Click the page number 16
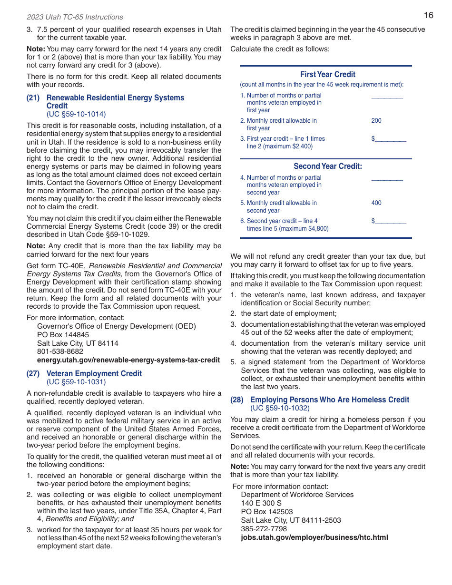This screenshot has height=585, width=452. (x=428, y=15)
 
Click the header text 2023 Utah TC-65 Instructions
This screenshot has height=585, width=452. (x=75, y=17)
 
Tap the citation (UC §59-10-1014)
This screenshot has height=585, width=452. (x=76, y=114)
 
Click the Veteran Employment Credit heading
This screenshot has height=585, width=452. (x=94, y=374)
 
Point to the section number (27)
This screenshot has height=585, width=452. (x=33, y=374)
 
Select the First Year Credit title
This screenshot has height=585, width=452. (x=327, y=74)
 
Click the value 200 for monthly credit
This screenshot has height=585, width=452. (x=376, y=121)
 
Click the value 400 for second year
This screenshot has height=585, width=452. (x=376, y=203)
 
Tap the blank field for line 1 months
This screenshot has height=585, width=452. (x=386, y=96)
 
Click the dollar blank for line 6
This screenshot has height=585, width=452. (x=390, y=222)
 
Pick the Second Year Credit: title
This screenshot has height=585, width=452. (x=327, y=166)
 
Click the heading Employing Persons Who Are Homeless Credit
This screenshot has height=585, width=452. (x=329, y=400)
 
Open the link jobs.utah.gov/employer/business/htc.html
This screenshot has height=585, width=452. (x=314, y=537)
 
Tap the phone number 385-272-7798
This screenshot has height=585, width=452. (x=264, y=529)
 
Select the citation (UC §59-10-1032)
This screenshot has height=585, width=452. (x=280, y=408)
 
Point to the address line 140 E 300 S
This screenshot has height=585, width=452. (x=261, y=503)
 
